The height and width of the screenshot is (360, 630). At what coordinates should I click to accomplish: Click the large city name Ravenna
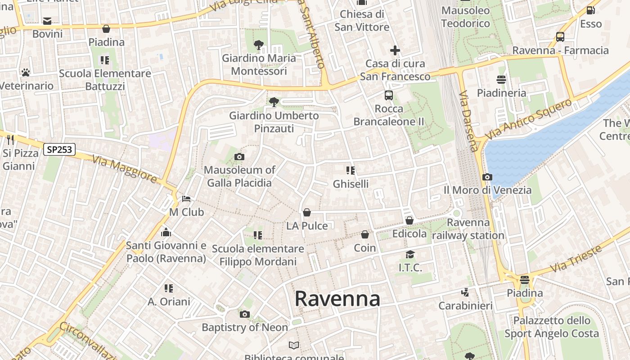click(x=337, y=299)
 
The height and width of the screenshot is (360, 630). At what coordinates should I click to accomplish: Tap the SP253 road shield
click(x=59, y=149)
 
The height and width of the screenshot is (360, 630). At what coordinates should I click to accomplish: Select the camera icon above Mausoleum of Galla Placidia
click(x=239, y=157)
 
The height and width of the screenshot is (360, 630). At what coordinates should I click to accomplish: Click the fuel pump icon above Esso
click(x=590, y=10)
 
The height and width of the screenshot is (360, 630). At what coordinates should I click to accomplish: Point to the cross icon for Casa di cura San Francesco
click(x=395, y=50)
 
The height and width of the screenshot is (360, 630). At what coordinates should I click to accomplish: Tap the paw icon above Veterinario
click(x=25, y=72)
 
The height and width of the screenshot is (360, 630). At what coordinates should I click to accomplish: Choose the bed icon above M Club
click(x=186, y=199)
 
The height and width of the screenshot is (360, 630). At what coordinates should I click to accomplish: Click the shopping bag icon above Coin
click(x=365, y=234)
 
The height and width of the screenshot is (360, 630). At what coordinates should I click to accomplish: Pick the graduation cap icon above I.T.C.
click(x=410, y=255)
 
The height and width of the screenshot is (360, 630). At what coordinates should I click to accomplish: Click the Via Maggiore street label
click(x=125, y=169)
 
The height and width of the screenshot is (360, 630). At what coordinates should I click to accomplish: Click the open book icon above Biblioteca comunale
click(x=294, y=345)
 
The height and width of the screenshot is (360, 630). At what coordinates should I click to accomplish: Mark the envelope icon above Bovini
click(x=47, y=21)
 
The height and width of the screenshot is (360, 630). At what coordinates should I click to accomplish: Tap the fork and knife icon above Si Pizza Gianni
click(x=11, y=140)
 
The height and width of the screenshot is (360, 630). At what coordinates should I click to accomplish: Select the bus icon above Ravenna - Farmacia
click(x=560, y=37)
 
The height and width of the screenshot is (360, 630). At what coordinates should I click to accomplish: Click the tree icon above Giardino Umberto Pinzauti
click(x=274, y=102)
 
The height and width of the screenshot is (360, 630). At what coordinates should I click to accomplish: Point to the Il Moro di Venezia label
click(x=487, y=190)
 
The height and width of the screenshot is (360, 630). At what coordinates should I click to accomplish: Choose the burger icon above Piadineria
click(x=501, y=80)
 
